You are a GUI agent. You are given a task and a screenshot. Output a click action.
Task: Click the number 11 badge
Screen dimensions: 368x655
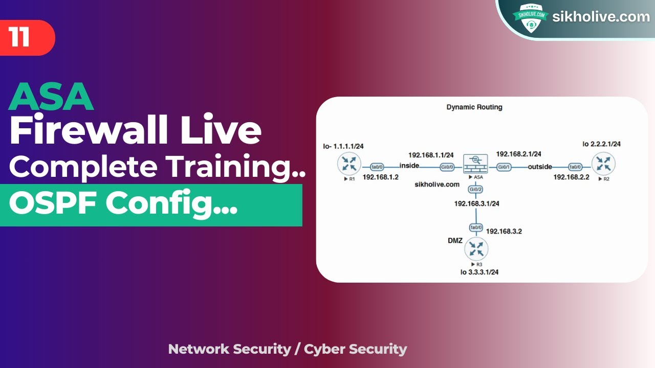click(20, 38)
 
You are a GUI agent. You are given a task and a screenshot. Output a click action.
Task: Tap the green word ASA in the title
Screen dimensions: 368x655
click(51, 97)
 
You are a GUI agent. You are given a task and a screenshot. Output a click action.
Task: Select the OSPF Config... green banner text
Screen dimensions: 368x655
click(123, 204)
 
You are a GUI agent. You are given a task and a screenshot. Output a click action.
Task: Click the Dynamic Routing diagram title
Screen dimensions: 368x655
click(474, 107)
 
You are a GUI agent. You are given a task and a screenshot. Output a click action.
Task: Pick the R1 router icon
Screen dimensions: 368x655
click(350, 164)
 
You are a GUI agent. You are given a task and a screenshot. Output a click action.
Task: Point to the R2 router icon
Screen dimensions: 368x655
click(603, 164)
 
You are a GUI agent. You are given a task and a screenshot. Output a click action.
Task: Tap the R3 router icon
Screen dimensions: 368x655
click(476, 249)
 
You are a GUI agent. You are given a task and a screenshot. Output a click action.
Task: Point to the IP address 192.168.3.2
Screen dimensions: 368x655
click(504, 231)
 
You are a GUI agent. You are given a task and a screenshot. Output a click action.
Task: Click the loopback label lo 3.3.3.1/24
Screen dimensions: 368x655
click(479, 272)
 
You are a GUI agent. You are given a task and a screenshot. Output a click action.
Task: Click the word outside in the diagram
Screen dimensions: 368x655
click(540, 167)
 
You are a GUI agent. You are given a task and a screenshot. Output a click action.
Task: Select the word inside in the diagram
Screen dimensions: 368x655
click(409, 166)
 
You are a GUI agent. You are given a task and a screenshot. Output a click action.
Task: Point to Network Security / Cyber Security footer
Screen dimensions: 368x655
click(288, 349)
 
